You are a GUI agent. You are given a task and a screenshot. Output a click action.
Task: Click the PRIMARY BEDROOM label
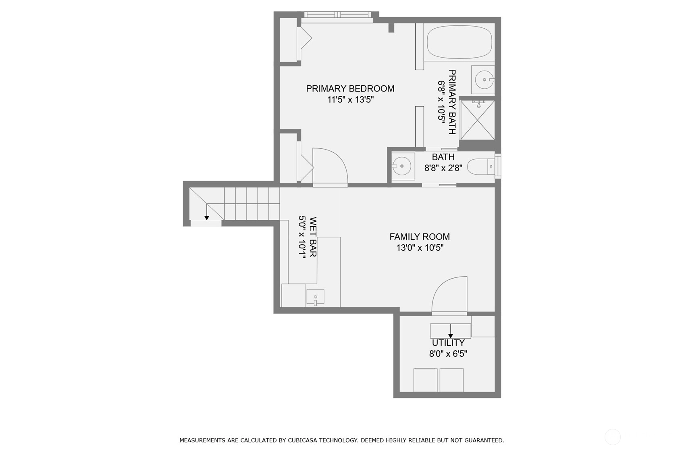[350, 89]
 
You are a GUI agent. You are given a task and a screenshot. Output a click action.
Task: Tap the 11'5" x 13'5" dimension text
[351, 100]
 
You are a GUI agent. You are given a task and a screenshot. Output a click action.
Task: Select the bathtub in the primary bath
[459, 42]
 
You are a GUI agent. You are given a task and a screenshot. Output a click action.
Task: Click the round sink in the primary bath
[484, 79]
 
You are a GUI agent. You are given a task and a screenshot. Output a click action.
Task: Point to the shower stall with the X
[477, 120]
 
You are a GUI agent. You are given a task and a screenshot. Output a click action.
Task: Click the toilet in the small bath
[481, 167]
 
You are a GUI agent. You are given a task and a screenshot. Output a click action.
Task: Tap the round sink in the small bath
[401, 166]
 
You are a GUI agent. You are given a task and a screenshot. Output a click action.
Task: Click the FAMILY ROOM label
[420, 237]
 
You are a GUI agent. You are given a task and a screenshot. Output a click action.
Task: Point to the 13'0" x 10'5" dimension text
[420, 248]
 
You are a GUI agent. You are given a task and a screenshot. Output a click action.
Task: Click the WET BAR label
[313, 237]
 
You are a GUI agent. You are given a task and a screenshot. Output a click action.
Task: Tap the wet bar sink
[316, 297]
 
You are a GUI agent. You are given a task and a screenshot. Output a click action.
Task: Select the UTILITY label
[448, 343]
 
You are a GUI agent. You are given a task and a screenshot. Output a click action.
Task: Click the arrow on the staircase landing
[207, 212]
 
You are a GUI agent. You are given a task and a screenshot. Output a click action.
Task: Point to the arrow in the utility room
[450, 331]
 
